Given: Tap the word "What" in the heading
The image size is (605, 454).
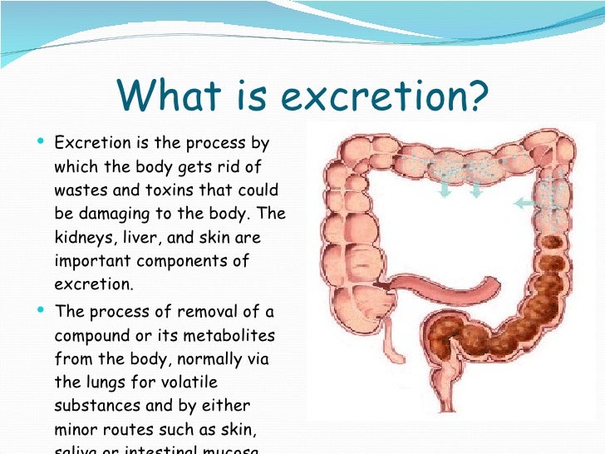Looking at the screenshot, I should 163,97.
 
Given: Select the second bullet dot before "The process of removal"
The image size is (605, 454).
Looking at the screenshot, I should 42,311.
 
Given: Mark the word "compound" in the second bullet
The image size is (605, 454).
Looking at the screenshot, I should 89,336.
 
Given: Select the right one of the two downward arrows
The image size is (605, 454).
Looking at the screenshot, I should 475,190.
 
